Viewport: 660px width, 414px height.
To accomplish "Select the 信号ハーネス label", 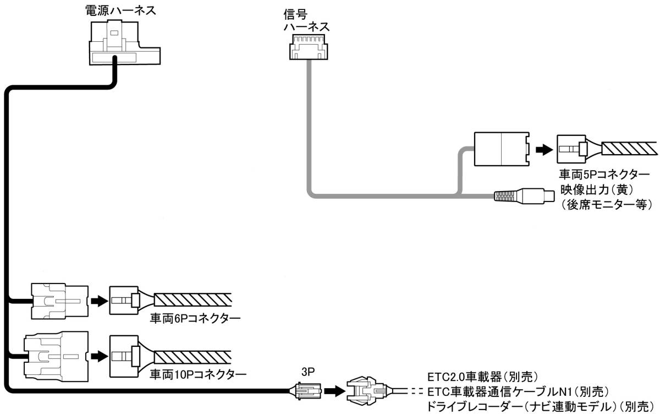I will point(306,19).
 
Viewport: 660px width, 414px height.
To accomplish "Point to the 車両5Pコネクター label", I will point(604,175).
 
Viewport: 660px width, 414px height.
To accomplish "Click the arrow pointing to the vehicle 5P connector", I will point(543,149).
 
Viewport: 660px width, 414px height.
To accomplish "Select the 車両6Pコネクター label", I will point(196,319).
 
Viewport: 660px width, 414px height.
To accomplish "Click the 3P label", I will point(308,372).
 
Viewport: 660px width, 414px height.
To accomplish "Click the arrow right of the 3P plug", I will point(333,391).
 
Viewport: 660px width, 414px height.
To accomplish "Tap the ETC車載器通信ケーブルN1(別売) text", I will point(517,392).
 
